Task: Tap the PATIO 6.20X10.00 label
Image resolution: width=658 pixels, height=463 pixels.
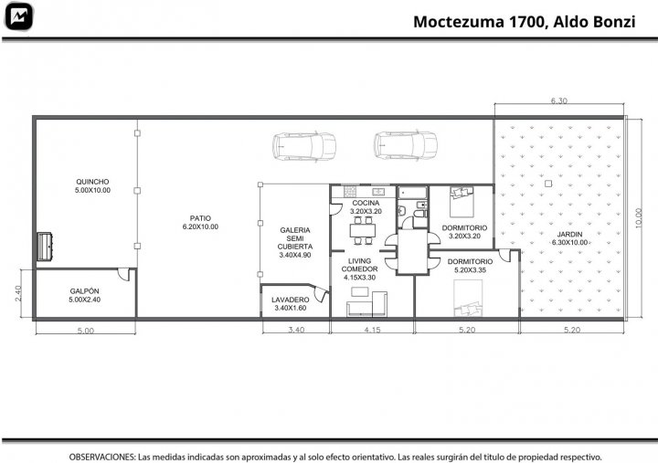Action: click(200, 222)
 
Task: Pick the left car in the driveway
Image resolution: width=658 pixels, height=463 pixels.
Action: click(304, 146)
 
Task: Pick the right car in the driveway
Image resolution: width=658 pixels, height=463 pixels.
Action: click(406, 145)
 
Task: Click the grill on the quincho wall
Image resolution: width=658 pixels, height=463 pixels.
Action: click(45, 247)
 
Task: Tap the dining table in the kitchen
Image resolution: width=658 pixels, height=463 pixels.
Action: click(363, 230)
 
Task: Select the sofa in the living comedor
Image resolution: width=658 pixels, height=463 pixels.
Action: click(366, 304)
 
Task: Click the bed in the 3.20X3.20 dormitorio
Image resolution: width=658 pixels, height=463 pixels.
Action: click(462, 202)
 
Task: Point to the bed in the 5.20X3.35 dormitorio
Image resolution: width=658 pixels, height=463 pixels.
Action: click(468, 299)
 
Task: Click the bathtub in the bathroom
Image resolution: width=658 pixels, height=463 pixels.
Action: click(412, 193)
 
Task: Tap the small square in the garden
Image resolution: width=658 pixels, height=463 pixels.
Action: click(548, 184)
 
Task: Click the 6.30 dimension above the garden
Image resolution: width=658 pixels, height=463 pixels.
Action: click(559, 100)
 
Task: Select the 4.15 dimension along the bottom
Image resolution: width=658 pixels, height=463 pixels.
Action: click(372, 330)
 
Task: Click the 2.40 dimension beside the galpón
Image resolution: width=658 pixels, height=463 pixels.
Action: click(18, 293)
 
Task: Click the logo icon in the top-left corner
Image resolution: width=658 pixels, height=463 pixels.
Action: click(18, 16)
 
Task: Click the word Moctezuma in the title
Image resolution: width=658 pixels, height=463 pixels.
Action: click(459, 22)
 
